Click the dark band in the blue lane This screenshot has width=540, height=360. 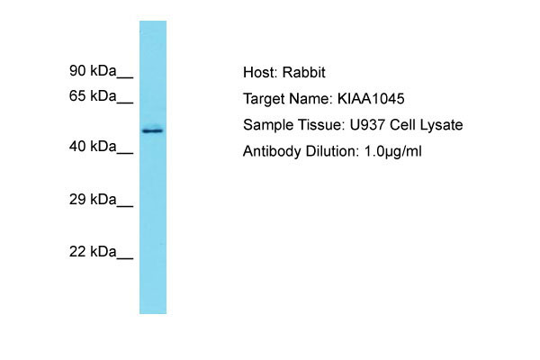(x=153, y=130)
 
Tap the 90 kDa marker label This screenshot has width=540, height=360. (x=93, y=70)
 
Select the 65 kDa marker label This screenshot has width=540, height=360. (x=93, y=95)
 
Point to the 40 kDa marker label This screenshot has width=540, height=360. (x=93, y=147)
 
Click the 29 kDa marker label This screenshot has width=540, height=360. (x=93, y=200)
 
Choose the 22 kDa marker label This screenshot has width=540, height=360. (x=93, y=252)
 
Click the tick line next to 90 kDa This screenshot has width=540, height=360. (x=125, y=77)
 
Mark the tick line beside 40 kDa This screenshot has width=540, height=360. (x=125, y=153)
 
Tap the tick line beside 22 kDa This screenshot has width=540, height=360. (x=125, y=258)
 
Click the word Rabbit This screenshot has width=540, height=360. (x=304, y=73)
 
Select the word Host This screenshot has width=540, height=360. (x=260, y=73)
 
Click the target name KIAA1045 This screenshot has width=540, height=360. (x=371, y=99)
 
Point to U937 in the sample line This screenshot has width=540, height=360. (x=367, y=125)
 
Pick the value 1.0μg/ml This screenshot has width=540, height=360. (x=393, y=151)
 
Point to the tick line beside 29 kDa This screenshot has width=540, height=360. (x=125, y=206)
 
